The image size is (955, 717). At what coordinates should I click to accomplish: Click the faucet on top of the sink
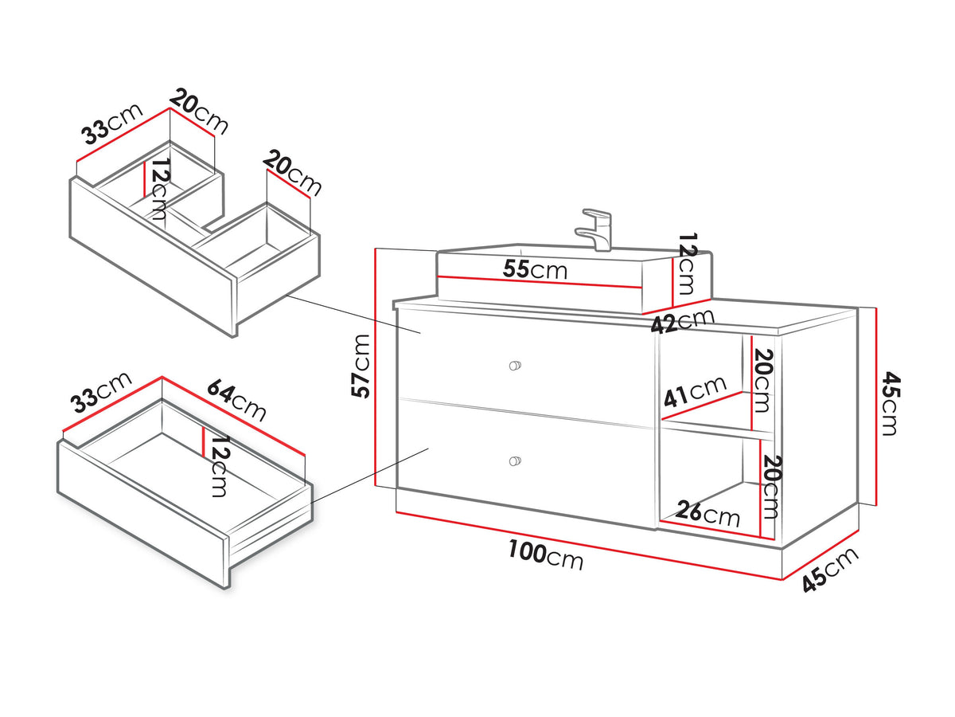click(x=595, y=230)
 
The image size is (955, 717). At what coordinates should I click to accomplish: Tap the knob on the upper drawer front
click(x=515, y=365)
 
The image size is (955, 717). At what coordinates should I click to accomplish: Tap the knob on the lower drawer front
click(x=515, y=461)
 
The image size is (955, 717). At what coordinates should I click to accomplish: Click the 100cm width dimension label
click(x=546, y=555)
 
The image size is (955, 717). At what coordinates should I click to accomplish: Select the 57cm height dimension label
click(x=361, y=366)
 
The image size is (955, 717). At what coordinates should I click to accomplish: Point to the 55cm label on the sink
click(x=535, y=269)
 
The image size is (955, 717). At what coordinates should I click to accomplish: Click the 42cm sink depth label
click(x=683, y=320)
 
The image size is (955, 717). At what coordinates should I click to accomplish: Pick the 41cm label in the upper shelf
click(x=694, y=391)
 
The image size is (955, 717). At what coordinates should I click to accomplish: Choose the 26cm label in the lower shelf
click(x=707, y=514)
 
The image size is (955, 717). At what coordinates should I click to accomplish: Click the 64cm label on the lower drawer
click(x=236, y=401)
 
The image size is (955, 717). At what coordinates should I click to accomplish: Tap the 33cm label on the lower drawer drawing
click(x=102, y=392)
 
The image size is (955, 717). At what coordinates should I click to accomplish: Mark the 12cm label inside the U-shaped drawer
click(x=159, y=189)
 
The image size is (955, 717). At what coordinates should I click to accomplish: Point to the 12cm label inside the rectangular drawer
click(x=218, y=467)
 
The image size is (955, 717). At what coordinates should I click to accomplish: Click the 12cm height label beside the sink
click(x=688, y=264)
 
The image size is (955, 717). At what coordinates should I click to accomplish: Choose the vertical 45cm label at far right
click(x=889, y=404)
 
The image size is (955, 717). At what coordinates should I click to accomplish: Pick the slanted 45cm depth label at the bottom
click(x=831, y=570)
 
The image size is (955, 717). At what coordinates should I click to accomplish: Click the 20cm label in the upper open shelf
click(x=762, y=380)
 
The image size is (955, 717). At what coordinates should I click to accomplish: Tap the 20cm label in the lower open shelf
click(x=771, y=487)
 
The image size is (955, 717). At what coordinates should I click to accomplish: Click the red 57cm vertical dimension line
click(x=375, y=367)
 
